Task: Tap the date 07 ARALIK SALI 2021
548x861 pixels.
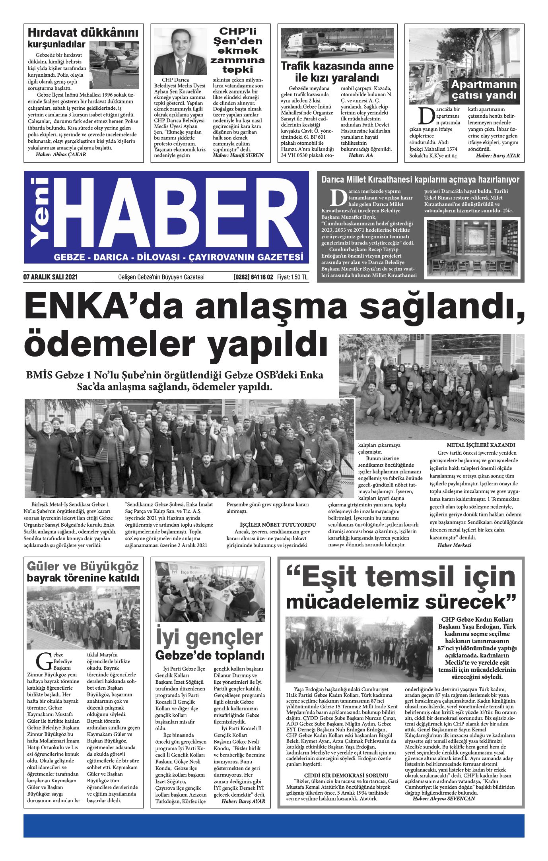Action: coord(51,277)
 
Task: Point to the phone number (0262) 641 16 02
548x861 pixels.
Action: coord(253,277)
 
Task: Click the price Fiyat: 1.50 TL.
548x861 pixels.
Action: coord(293,277)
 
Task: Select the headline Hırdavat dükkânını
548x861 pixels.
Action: coord(83,32)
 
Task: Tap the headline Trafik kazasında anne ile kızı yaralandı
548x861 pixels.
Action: coord(337,72)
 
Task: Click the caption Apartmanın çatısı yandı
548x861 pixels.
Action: coord(484,90)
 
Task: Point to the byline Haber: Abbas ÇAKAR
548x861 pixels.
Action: coord(61,155)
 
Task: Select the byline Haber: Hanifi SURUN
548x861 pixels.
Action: coord(238,155)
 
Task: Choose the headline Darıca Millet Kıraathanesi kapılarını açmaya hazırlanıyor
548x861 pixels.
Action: coord(420,180)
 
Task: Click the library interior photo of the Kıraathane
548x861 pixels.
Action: coord(472,248)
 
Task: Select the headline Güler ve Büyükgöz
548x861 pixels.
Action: coord(83,566)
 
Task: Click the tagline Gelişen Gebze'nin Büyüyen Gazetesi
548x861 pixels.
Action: coord(161,277)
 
